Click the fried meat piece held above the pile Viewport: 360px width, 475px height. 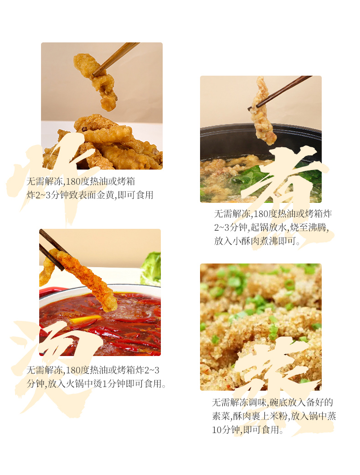[95, 80]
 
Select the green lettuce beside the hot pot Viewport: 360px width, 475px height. [151, 268]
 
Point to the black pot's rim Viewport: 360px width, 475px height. [261, 128]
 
